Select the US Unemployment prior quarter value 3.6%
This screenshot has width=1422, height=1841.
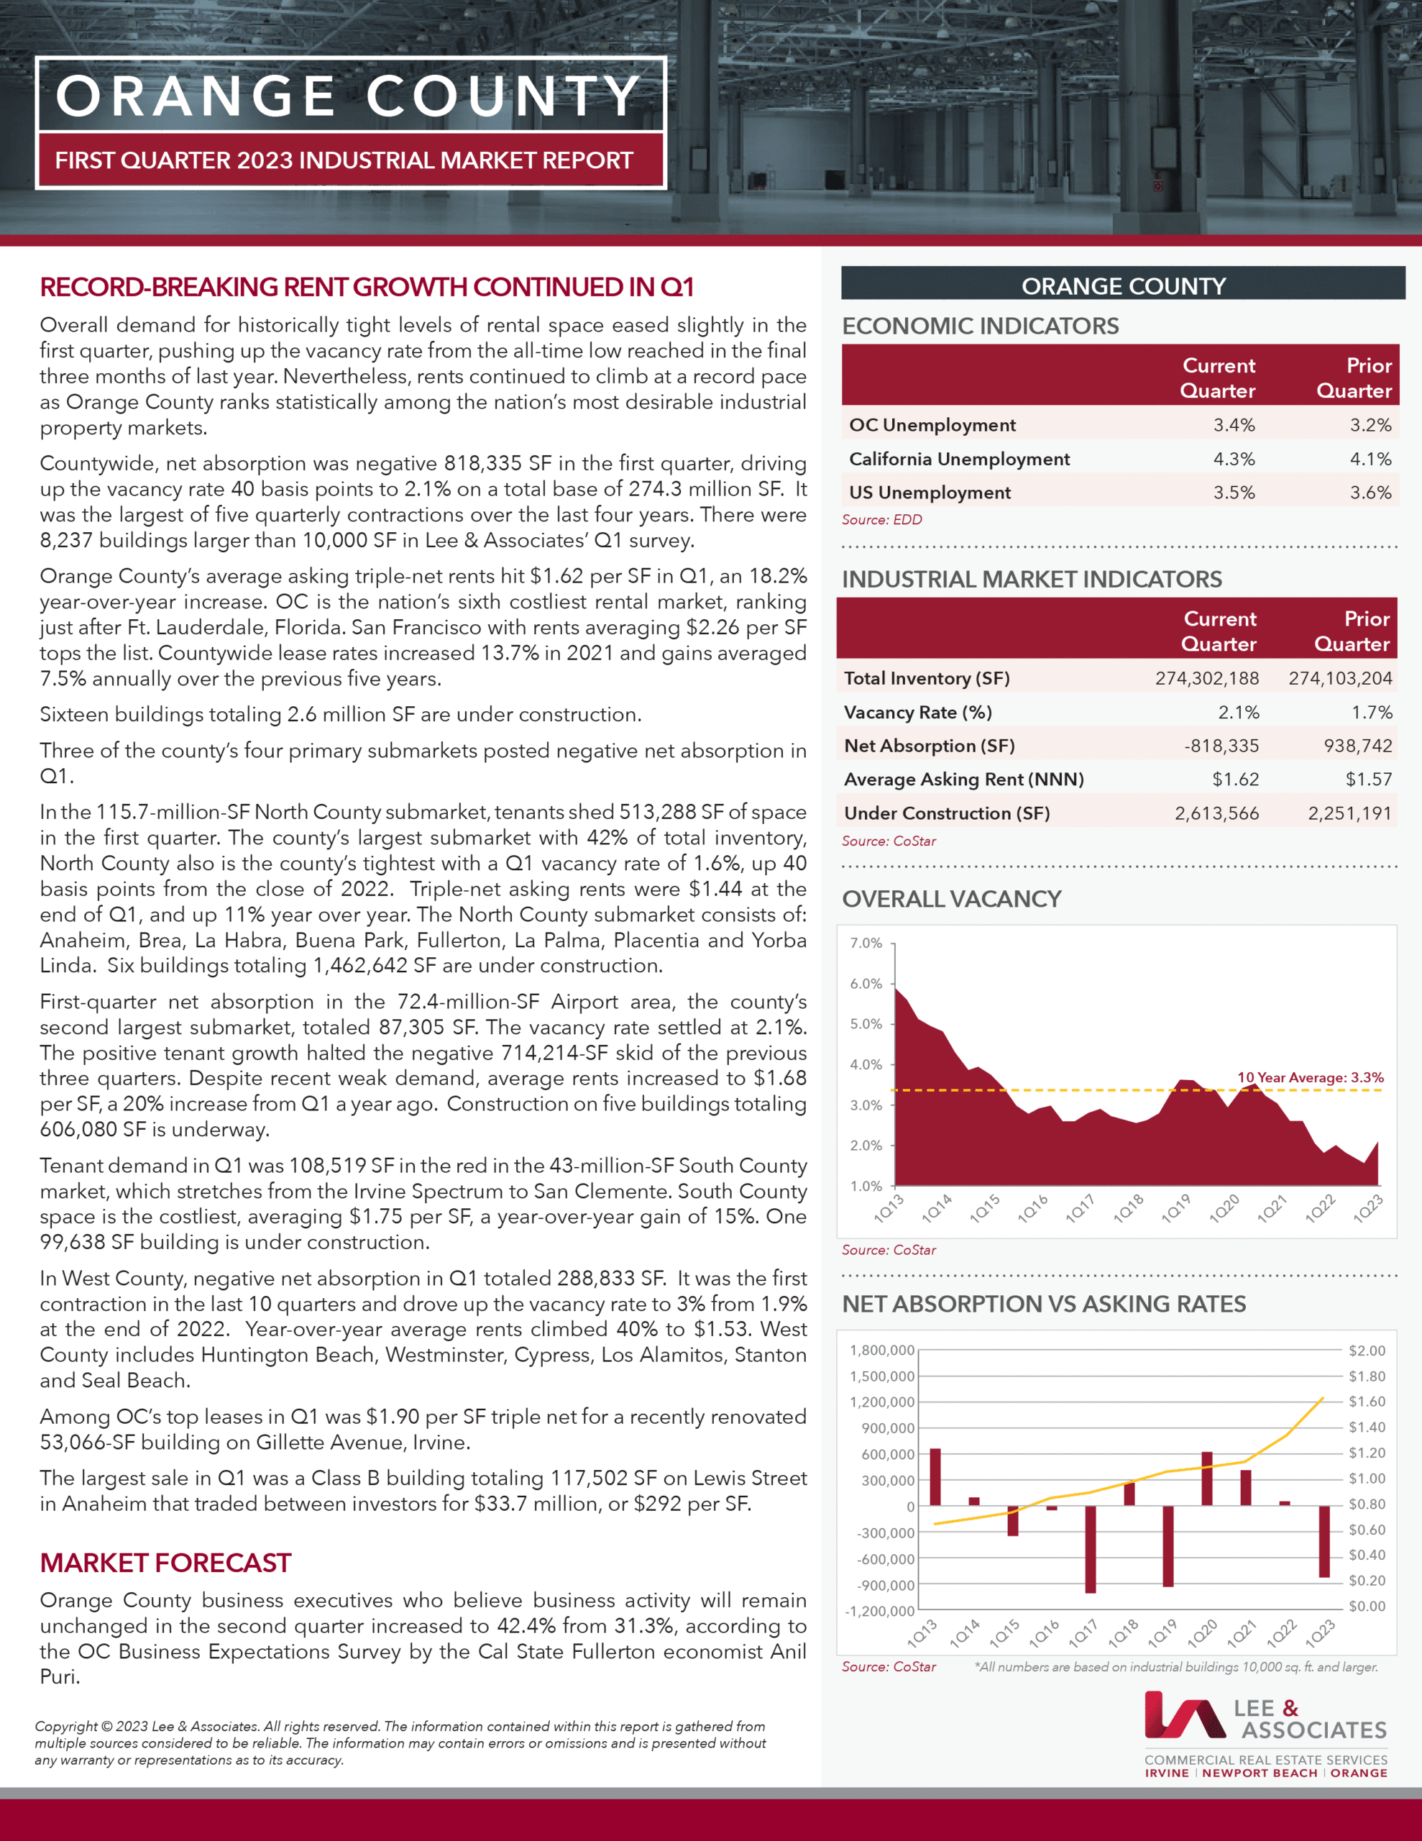click(1370, 493)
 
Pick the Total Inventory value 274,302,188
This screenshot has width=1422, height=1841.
click(1206, 679)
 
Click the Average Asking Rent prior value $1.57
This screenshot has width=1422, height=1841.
click(1368, 780)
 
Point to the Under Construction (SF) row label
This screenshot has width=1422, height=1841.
click(947, 813)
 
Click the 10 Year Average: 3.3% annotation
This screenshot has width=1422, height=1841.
click(1310, 1077)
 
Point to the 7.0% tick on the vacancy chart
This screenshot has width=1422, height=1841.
click(866, 944)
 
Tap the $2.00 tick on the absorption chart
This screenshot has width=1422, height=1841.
click(1367, 1351)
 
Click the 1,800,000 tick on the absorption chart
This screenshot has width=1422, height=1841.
click(881, 1351)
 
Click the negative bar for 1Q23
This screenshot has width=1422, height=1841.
click(1324, 1541)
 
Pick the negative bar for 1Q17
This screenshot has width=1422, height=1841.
click(1091, 1549)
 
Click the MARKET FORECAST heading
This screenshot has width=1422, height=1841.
click(165, 1563)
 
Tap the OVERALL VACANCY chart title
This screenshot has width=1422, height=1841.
click(951, 899)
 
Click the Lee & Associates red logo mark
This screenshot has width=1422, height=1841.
click(1184, 1714)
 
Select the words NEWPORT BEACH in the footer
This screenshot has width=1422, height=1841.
click(1260, 1773)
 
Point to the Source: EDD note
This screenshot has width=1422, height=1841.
click(881, 519)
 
